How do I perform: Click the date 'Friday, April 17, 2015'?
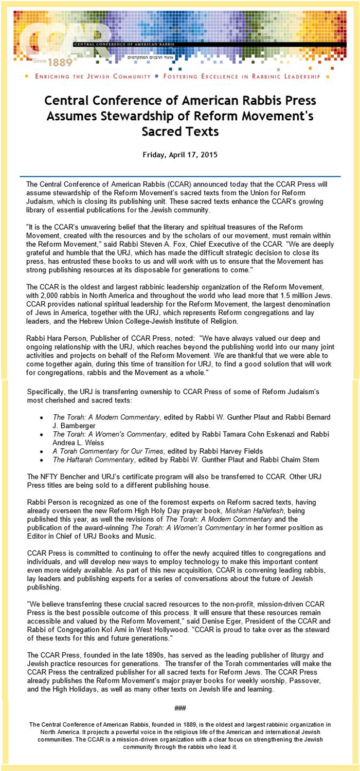click(179, 154)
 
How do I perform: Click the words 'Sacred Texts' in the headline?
click(179, 132)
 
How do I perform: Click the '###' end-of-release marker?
click(179, 708)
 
